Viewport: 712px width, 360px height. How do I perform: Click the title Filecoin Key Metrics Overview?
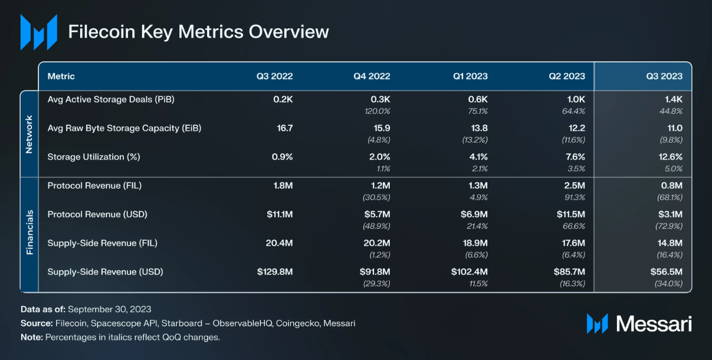pyautogui.click(x=198, y=31)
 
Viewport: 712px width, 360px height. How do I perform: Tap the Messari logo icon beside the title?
pyautogui.click(x=39, y=32)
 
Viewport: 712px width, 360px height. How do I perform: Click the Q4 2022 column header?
pyautogui.click(x=372, y=76)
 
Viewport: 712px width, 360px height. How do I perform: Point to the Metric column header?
pyautogui.click(x=61, y=76)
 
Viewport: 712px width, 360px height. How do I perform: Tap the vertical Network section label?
pyautogui.click(x=29, y=134)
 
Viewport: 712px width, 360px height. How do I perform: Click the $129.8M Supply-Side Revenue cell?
pyautogui.click(x=275, y=272)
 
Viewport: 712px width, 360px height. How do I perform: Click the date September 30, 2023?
pyautogui.click(x=110, y=309)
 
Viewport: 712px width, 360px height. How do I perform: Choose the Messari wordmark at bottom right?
pyautogui.click(x=654, y=323)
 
